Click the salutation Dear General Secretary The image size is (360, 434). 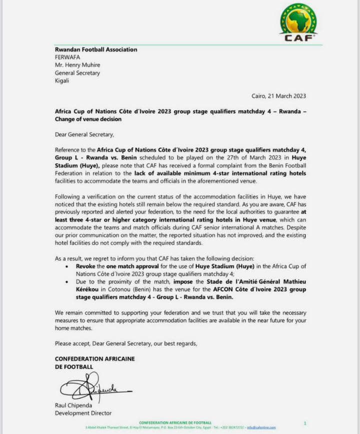click(x=84, y=135)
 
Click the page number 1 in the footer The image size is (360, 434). click(x=305, y=423)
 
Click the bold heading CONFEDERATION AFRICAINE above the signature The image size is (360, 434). click(x=94, y=359)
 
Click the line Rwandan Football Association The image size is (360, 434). click(x=95, y=50)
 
